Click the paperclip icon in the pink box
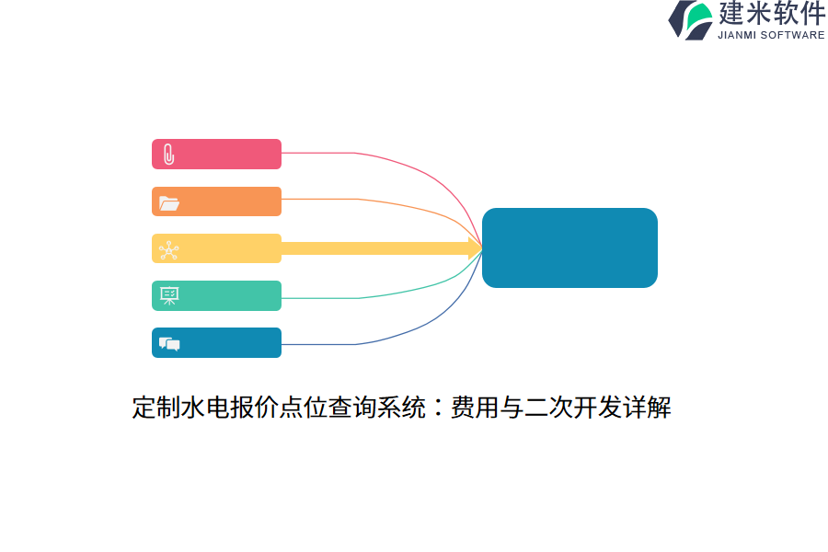tap(169, 155)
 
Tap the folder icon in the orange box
tap(169, 203)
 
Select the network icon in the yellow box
tap(169, 250)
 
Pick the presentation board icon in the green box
tap(169, 296)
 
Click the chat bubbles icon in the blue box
tap(169, 344)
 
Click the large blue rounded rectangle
tap(569, 247)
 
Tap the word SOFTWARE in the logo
tap(793, 35)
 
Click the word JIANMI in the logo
tap(737, 35)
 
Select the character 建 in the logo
tap(731, 13)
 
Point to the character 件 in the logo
tap(813, 13)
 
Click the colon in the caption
tap(438, 408)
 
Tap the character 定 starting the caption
tap(144, 408)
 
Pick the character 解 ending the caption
tap(659, 408)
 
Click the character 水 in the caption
tap(193, 408)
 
